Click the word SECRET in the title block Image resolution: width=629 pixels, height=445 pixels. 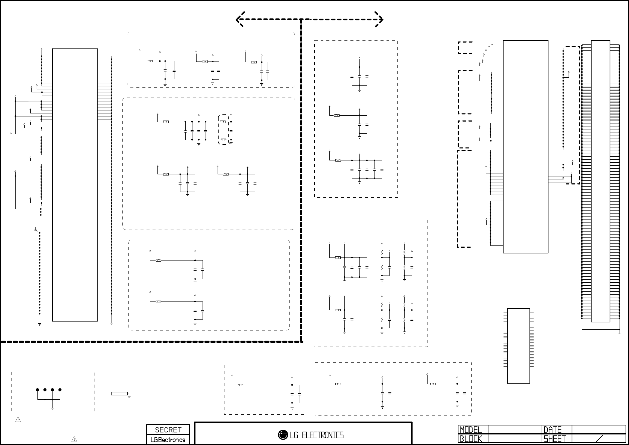(168, 430)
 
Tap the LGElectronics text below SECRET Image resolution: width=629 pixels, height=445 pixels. (168, 440)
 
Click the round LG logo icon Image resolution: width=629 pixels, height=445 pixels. (283, 435)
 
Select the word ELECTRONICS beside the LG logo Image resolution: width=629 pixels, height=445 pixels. (323, 435)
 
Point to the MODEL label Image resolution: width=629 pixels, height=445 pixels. (471, 430)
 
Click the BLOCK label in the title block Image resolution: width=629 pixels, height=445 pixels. (471, 439)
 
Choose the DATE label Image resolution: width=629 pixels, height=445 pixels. (552, 430)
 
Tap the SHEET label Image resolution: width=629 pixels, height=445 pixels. (554, 439)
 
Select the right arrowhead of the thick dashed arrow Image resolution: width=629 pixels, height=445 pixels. (379, 19)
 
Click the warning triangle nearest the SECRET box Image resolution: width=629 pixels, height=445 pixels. (74, 439)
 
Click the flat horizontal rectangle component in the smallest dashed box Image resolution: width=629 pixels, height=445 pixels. (119, 394)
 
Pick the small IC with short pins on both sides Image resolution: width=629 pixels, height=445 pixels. (518, 346)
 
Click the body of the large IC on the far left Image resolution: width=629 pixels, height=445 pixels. (75, 185)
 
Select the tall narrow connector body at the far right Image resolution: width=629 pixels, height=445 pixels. (600, 181)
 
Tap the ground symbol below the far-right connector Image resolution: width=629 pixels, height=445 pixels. (619, 334)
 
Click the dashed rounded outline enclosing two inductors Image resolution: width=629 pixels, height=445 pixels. (223, 130)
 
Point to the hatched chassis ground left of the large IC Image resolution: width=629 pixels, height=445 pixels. (35, 230)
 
